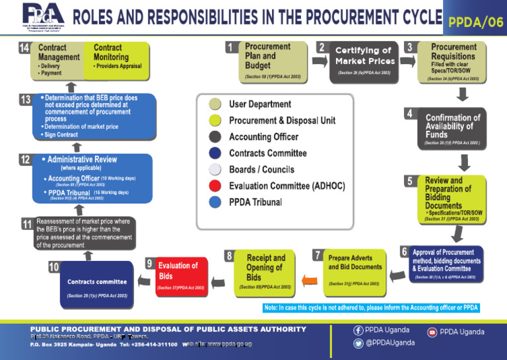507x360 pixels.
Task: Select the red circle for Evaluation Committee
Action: point(215,186)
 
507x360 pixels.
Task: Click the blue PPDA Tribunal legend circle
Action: point(215,202)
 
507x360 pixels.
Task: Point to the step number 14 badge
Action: point(24,48)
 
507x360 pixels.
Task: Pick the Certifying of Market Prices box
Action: point(364,61)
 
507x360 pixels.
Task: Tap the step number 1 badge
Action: point(230,48)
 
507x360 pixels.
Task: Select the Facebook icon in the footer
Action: point(358,330)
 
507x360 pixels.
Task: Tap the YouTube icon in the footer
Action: point(432,332)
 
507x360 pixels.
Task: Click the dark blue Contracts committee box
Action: point(97,285)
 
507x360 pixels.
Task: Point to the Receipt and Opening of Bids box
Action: point(265,271)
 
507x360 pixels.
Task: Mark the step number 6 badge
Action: point(403,252)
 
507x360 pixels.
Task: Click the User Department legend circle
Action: point(215,104)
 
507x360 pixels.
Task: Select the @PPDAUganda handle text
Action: point(389,343)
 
